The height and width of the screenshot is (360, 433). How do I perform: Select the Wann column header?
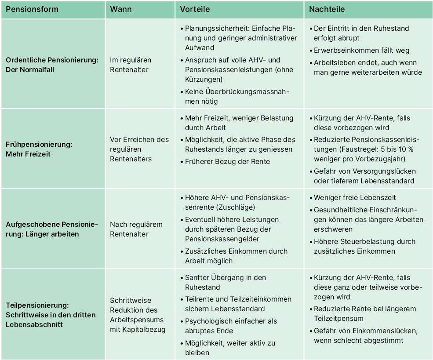(x=121, y=9)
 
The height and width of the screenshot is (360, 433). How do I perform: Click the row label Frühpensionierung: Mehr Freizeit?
(x=39, y=149)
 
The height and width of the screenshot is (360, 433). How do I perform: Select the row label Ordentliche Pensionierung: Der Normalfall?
(x=51, y=65)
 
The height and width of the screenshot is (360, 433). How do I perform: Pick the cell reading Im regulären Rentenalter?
(x=131, y=65)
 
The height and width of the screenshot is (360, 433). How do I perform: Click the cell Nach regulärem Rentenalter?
(x=136, y=229)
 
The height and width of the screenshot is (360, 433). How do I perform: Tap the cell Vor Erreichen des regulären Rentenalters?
(x=139, y=149)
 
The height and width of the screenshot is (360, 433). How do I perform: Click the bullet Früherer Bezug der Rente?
(x=227, y=161)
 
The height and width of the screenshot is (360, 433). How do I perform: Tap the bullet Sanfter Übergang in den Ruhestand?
(x=225, y=282)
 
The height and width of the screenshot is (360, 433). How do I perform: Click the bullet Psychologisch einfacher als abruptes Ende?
(x=231, y=326)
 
